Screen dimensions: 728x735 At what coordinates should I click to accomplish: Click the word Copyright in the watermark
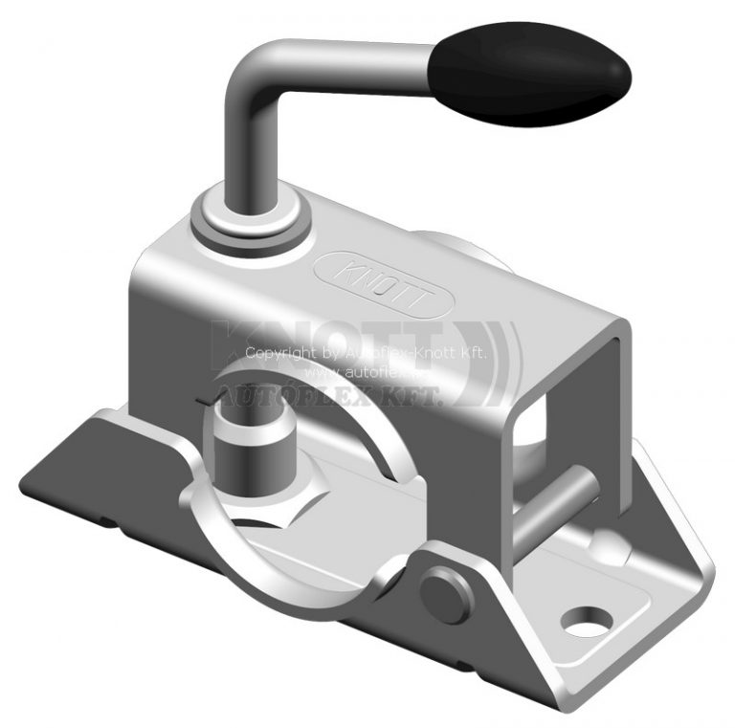278,353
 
